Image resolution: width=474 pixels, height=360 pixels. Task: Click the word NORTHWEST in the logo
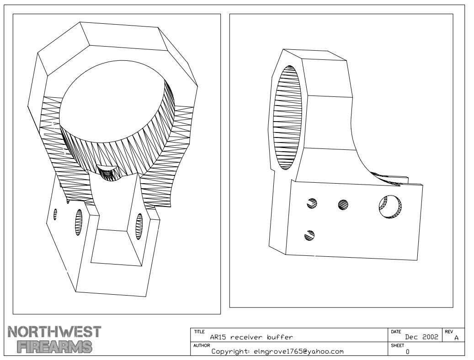[x=54, y=332]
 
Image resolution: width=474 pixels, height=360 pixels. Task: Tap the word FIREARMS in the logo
[x=55, y=347]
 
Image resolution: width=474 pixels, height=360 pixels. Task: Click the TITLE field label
[x=199, y=332]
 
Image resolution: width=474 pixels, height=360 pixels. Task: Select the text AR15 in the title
[x=218, y=337]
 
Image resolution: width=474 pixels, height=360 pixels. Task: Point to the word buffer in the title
[x=280, y=337]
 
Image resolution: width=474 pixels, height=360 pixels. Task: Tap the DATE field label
[x=396, y=332]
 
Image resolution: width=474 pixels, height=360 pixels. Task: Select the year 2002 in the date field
[x=430, y=337]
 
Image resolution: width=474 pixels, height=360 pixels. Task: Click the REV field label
[x=449, y=332]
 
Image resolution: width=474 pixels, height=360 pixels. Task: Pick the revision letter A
[x=457, y=338]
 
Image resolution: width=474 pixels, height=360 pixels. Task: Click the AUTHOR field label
[x=202, y=345]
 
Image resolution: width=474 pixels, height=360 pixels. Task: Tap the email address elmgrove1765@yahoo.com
[x=298, y=351]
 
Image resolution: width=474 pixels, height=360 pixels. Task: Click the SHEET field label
[x=397, y=345]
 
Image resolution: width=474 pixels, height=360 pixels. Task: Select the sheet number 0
[x=408, y=352]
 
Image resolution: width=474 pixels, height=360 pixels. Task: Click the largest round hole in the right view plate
[x=390, y=207]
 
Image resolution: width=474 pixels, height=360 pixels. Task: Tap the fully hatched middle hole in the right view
[x=343, y=205]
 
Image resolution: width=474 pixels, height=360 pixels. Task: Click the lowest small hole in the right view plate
[x=309, y=235]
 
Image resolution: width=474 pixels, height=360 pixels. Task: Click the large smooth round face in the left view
[x=112, y=102]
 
